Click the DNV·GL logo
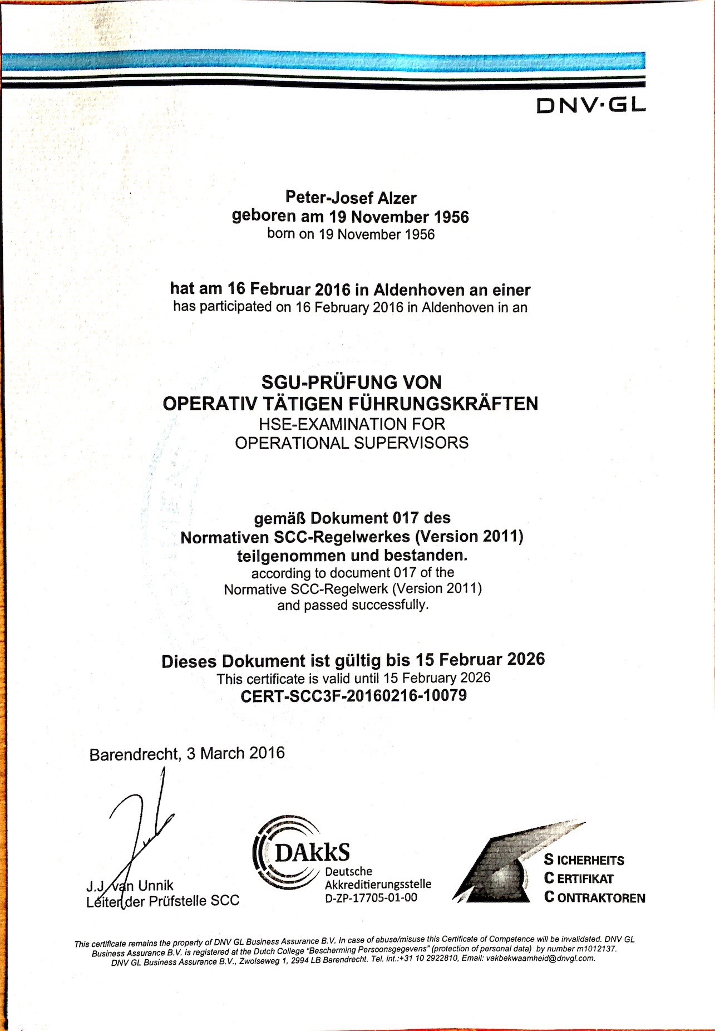tap(591, 105)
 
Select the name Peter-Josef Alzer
tap(351, 197)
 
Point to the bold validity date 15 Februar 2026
tap(480, 660)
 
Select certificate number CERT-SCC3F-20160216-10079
tap(353, 696)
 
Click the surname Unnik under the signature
tap(156, 885)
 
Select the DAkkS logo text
tap(312, 852)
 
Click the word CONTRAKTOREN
tap(595, 897)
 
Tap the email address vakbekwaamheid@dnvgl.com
tap(540, 959)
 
